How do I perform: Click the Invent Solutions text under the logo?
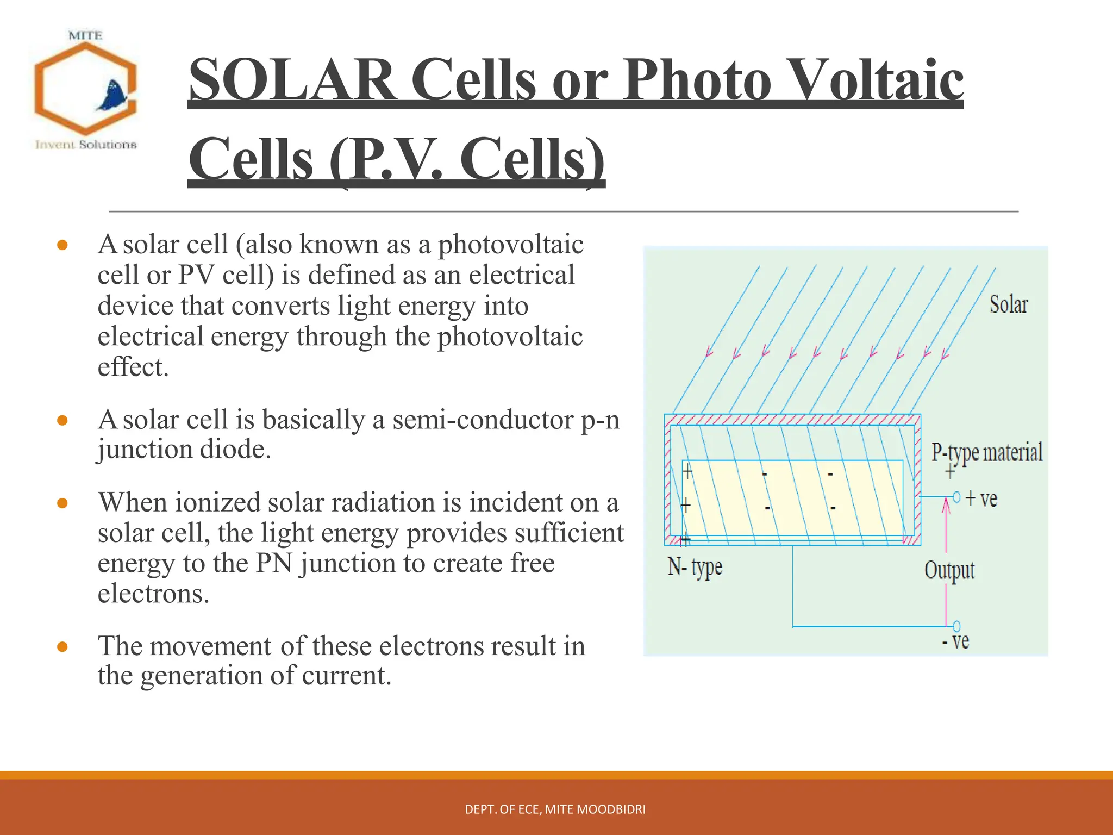tap(86, 145)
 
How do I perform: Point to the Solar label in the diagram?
tap(1008, 304)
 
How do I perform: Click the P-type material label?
tap(987, 452)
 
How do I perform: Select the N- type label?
tap(695, 568)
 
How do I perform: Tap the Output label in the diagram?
tap(949, 571)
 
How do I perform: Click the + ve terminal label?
tap(981, 498)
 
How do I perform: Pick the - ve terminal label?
tap(956, 641)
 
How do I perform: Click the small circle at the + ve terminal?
tap(956, 497)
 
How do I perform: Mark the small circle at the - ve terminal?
tap(956, 626)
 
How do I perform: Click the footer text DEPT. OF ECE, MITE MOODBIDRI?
tap(555, 809)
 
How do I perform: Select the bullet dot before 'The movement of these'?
tap(62, 647)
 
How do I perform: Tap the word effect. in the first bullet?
tap(133, 367)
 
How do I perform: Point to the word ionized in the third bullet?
tap(217, 502)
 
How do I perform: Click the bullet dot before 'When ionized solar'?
tap(62, 503)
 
